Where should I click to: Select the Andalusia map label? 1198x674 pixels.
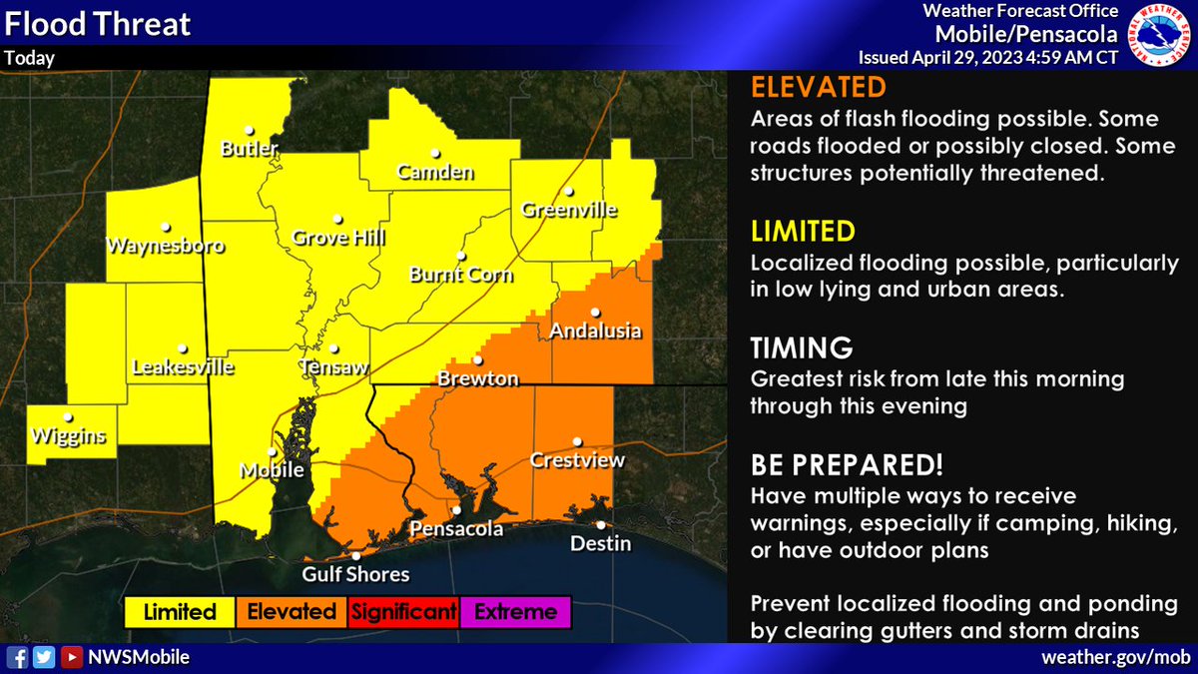595,332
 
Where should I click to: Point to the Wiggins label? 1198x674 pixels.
68,435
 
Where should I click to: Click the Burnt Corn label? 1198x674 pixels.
461,275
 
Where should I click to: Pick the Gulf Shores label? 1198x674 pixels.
356,574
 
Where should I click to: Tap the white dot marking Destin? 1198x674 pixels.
601,525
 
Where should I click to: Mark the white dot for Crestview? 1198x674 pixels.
577,441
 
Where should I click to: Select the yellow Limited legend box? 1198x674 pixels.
180,612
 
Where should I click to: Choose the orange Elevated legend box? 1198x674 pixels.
291,612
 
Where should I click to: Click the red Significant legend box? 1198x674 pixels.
402,612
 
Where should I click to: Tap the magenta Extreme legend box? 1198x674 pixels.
515,612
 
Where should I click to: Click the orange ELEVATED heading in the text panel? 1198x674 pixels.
804,86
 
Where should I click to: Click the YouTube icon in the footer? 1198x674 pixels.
71,657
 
